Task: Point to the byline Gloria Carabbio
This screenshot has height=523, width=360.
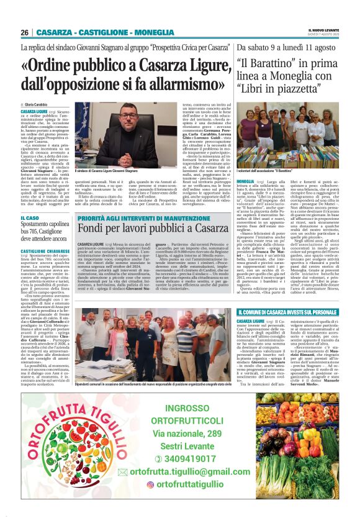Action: click(x=37, y=104)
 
